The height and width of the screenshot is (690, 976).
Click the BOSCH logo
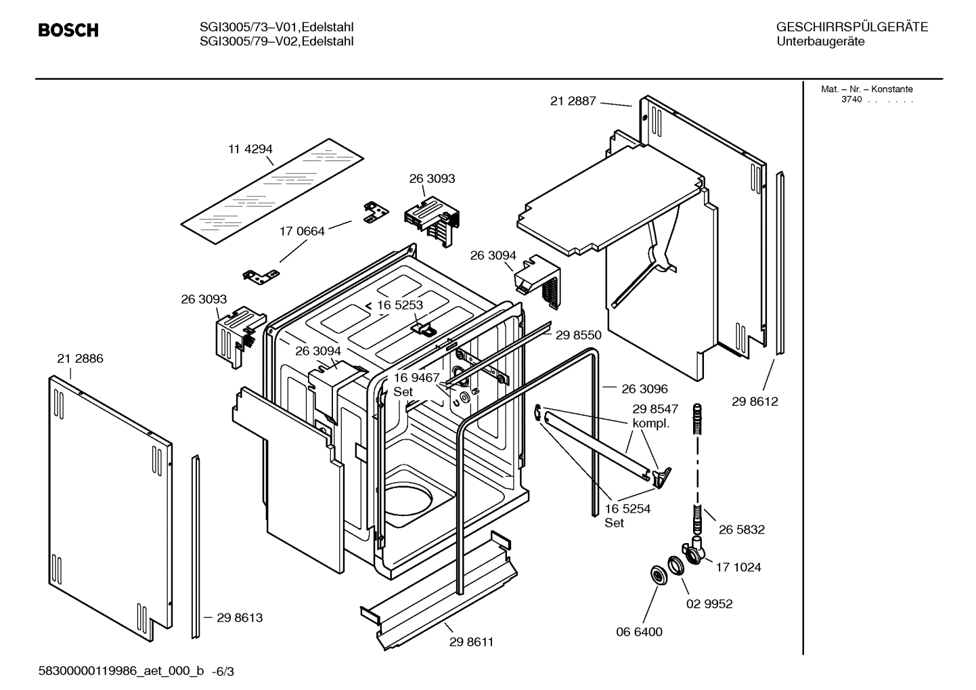[68, 30]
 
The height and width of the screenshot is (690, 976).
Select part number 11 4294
[250, 149]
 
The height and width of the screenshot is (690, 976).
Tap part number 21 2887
[573, 101]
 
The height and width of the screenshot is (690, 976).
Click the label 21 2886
[80, 359]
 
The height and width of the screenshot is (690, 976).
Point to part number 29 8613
[240, 618]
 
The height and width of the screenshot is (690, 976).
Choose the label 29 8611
[471, 642]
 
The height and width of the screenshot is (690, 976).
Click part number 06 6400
[639, 632]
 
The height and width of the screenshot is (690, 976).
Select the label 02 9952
[709, 603]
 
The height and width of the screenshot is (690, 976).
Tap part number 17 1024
[738, 567]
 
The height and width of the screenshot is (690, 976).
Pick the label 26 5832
[741, 530]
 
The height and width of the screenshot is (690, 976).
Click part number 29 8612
[755, 402]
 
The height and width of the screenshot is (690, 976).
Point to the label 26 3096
[644, 389]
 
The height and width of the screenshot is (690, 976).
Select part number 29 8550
[578, 335]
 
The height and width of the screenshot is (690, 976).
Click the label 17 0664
[302, 231]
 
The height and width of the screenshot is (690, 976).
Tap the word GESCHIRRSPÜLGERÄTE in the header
[851, 28]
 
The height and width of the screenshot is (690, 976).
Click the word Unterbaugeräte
[820, 42]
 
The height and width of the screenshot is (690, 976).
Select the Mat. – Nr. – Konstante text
[866, 89]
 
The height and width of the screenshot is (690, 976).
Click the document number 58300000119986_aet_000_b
[122, 671]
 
